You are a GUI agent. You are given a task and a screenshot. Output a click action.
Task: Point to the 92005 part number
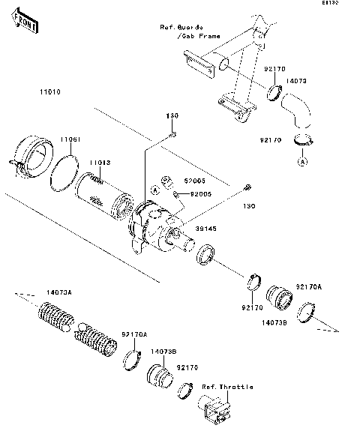coord(200,193)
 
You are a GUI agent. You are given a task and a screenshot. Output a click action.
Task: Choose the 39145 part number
coord(205,232)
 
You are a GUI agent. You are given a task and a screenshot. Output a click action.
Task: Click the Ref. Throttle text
coord(226,387)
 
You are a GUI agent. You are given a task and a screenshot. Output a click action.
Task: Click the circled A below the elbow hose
coord(302,161)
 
